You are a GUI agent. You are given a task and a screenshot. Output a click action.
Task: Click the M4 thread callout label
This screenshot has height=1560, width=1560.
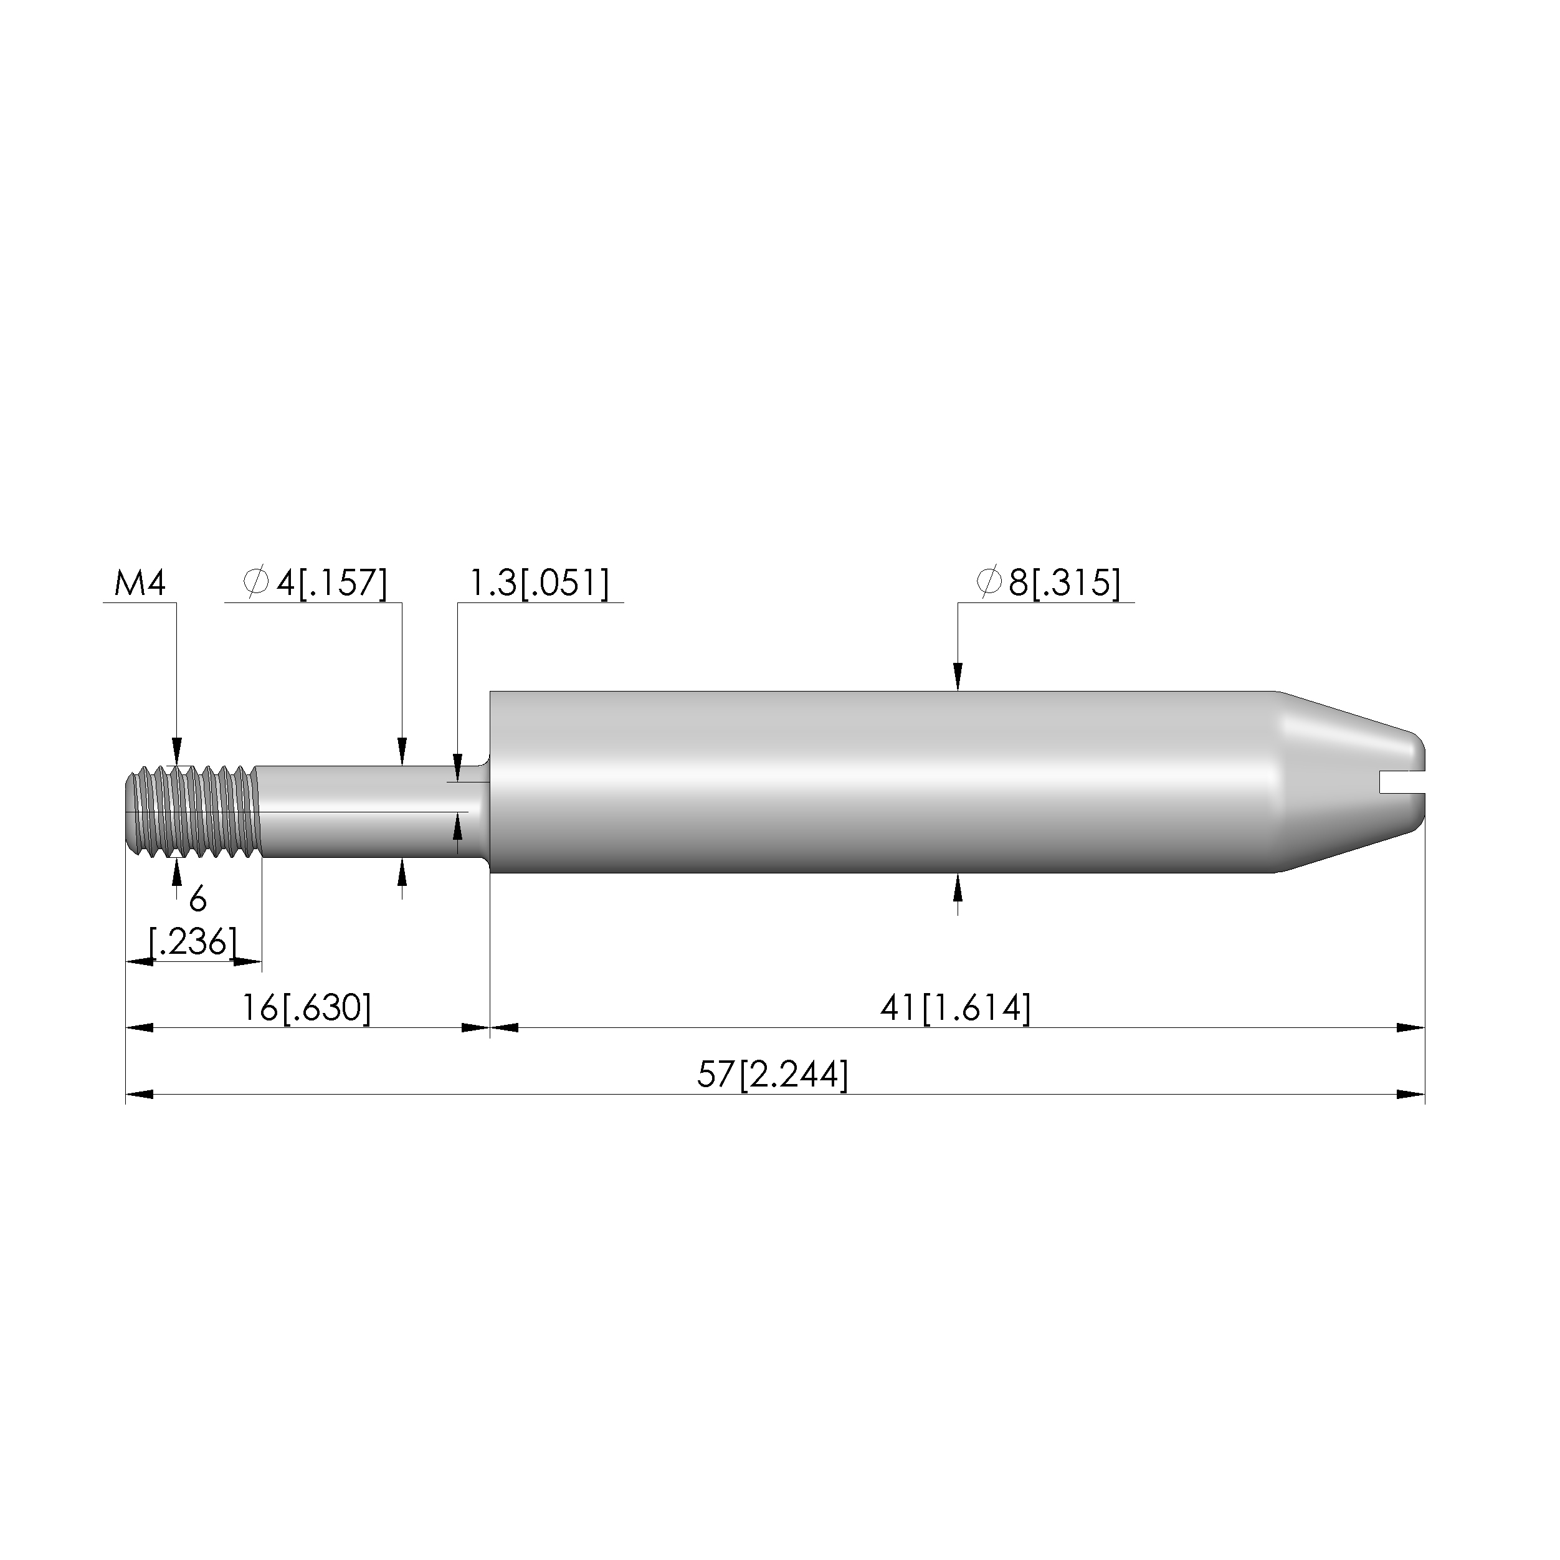tap(140, 583)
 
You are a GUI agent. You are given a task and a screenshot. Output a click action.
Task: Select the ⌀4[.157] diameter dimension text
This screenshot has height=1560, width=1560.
tap(315, 583)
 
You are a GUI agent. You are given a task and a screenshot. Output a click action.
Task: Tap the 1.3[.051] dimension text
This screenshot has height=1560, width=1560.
tap(540, 583)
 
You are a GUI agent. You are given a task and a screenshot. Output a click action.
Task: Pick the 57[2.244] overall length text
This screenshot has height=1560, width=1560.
tap(773, 1075)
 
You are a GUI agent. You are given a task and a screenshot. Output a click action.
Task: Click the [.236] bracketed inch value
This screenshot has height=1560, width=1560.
tap(194, 941)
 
